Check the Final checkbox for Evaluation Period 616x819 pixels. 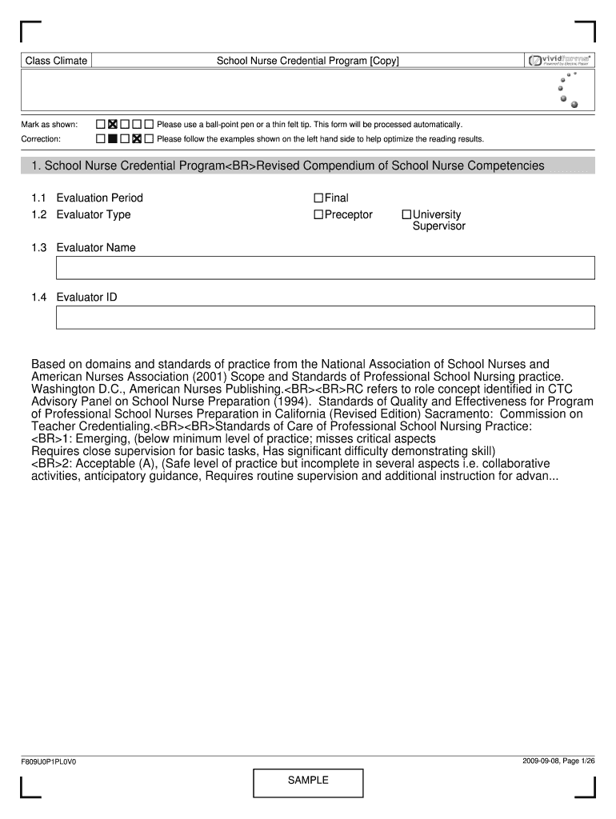318,198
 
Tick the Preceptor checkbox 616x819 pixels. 318,214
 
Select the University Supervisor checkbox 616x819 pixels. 406,214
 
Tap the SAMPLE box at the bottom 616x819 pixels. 308,781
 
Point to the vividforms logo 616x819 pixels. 559,60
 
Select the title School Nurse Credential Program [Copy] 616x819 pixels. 308,61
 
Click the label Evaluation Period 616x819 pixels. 99,198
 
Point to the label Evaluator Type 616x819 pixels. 93,214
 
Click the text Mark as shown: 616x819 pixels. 50,125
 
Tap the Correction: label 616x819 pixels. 42,139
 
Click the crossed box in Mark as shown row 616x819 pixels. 113,125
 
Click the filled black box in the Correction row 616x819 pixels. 113,139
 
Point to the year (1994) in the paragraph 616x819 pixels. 294,402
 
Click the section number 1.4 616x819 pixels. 39,298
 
